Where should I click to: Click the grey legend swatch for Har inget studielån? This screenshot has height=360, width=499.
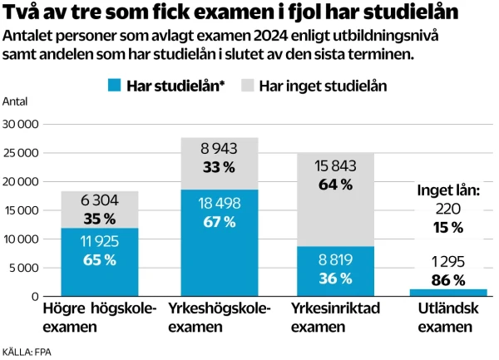point(248,86)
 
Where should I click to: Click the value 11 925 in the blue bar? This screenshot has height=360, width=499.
point(99,243)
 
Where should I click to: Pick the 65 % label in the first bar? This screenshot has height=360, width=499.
point(99,260)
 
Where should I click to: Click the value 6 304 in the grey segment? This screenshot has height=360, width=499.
point(99,200)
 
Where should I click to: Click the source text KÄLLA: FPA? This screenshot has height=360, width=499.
point(27,353)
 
